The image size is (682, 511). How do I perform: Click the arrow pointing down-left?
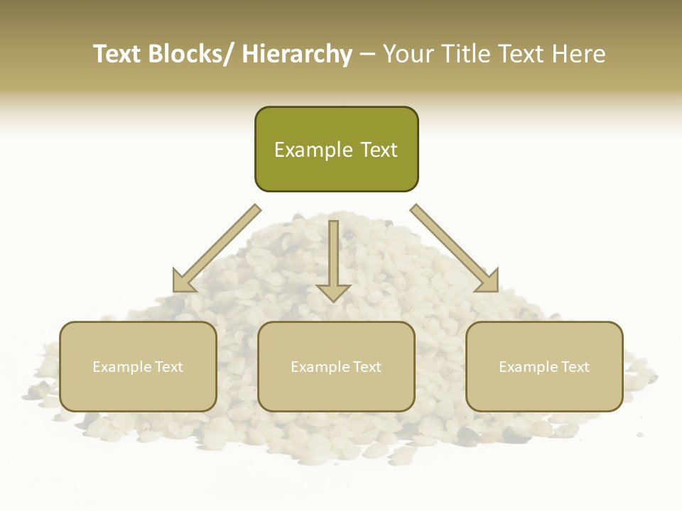(x=216, y=248)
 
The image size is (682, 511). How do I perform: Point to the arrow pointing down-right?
(x=455, y=248)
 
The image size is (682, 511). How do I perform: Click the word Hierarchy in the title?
(x=297, y=55)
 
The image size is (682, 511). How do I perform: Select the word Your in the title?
(x=409, y=55)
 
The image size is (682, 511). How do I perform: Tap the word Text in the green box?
(x=377, y=150)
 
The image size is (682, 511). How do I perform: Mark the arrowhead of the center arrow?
(x=334, y=292)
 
